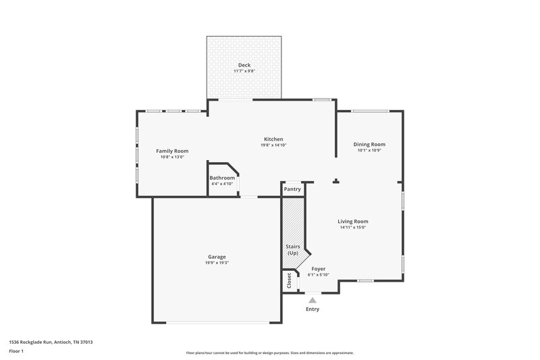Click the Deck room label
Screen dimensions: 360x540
[x=244, y=65]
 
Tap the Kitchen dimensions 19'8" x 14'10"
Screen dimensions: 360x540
[x=273, y=145]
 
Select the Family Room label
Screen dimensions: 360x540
[x=172, y=151]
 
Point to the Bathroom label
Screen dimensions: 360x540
[x=222, y=178]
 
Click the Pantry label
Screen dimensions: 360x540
[x=292, y=189]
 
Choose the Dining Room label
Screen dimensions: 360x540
[x=369, y=144]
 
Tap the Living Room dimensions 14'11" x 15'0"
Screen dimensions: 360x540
[x=352, y=228]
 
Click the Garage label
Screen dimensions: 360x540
[x=217, y=257]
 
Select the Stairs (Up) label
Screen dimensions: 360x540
[x=292, y=250]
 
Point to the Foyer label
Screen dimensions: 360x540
[x=319, y=268]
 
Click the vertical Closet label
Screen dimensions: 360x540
[x=289, y=280]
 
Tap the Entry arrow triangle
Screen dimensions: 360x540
[x=312, y=299]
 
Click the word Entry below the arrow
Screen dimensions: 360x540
[x=312, y=309]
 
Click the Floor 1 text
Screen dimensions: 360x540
[x=17, y=352]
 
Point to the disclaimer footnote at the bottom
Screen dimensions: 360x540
[x=269, y=353]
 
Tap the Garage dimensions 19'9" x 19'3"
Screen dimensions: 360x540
[x=217, y=263]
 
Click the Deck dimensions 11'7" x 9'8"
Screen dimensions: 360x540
[x=244, y=71]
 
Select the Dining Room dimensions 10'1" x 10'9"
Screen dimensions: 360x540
[x=369, y=150]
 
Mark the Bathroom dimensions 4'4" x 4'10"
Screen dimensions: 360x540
[x=222, y=184]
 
